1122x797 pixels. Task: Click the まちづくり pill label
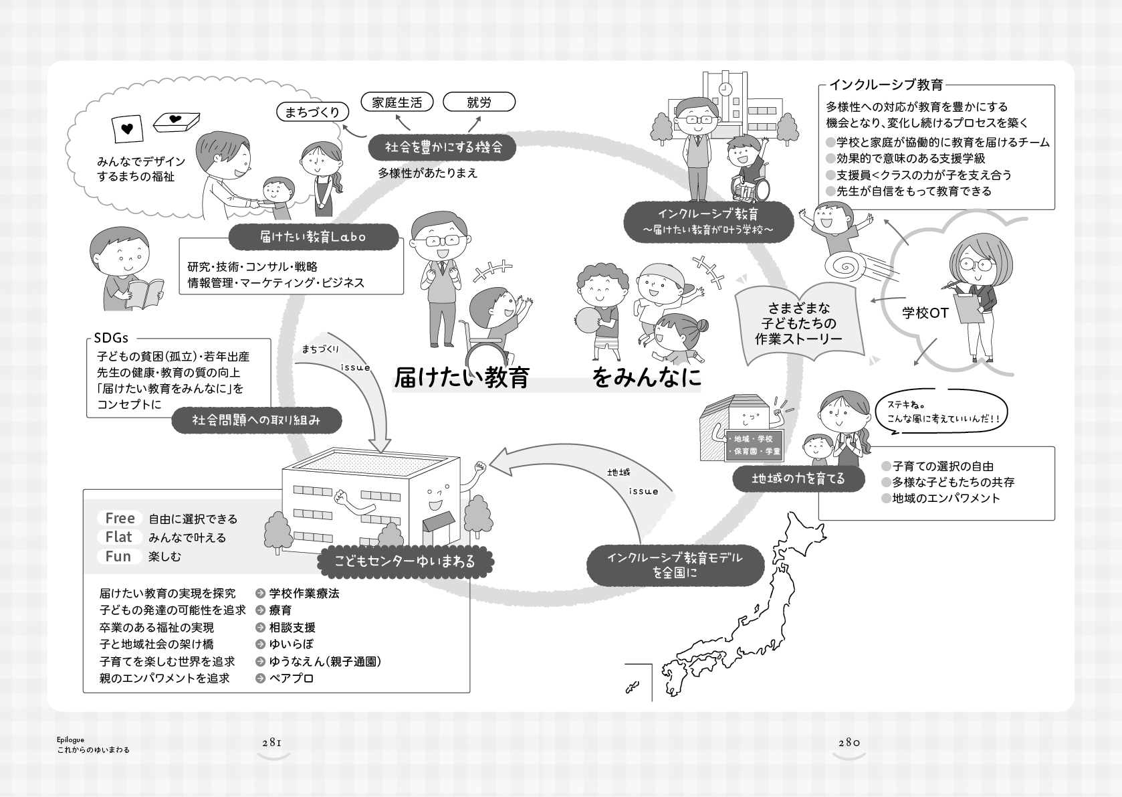tap(312, 112)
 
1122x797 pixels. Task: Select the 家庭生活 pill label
tap(397, 102)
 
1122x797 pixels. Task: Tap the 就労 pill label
tap(479, 102)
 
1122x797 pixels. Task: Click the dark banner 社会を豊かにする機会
tap(443, 147)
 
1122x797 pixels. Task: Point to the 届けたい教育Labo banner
tap(313, 236)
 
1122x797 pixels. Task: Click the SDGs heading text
tap(111, 338)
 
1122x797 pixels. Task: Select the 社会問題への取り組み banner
tap(257, 420)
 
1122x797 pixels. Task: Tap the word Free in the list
tap(120, 518)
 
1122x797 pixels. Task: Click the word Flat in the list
tap(119, 537)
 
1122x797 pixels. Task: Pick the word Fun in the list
tap(118, 556)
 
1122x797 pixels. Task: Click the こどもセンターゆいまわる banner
tap(404, 561)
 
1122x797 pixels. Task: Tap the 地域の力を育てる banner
tap(798, 478)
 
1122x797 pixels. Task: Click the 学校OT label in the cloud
tap(925, 313)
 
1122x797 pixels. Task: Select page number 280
tap(849, 742)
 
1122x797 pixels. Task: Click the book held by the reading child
tap(144, 292)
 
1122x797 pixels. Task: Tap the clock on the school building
tap(725, 89)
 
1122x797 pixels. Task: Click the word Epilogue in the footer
tap(71, 739)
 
